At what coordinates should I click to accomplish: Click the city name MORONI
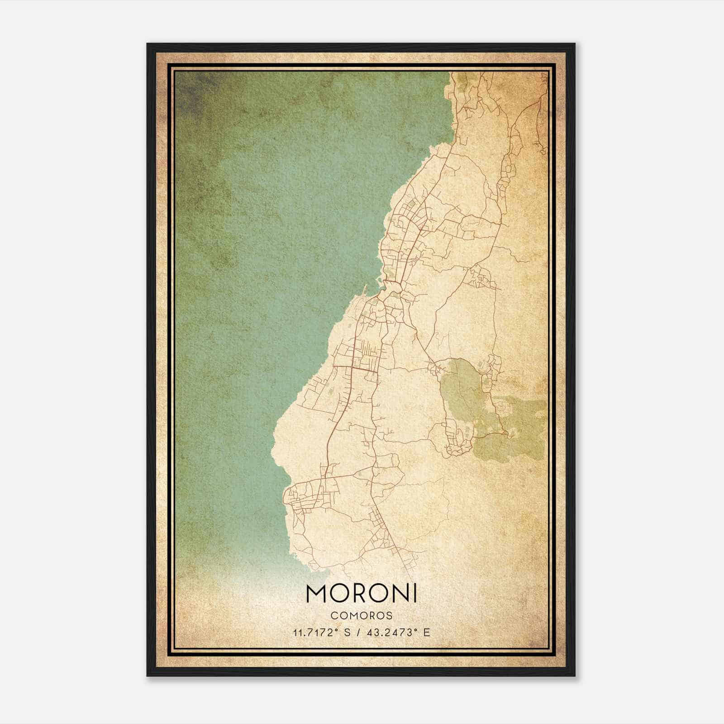[361, 594]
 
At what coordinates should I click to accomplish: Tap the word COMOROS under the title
[361, 616]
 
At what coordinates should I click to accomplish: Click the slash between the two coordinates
[358, 633]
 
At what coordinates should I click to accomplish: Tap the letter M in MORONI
[316, 594]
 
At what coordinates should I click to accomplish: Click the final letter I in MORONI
[414, 594]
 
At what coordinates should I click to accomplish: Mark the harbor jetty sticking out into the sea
[365, 290]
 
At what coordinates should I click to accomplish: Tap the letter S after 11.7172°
[347, 633]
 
